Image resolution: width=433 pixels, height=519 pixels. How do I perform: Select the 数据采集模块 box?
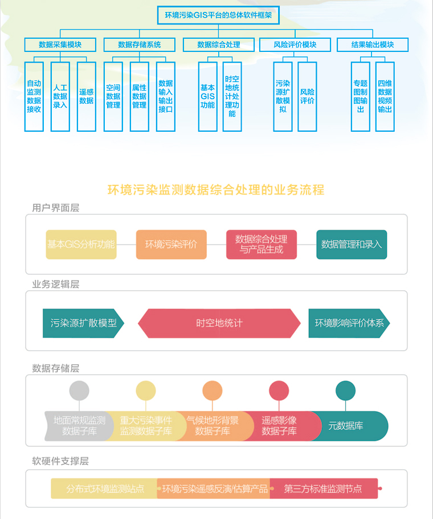(x=60, y=44)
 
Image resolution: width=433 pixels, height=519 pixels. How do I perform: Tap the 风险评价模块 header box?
(x=295, y=44)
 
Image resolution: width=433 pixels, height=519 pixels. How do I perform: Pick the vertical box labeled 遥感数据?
(x=86, y=96)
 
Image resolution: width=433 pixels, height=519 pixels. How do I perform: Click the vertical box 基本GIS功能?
(x=207, y=96)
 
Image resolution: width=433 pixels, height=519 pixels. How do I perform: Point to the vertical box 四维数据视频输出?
(x=385, y=96)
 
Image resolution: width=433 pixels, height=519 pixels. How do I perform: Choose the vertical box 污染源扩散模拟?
(x=283, y=96)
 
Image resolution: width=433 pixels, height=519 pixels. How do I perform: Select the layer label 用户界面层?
(x=56, y=208)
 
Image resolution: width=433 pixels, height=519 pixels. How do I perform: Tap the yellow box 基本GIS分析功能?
(x=81, y=245)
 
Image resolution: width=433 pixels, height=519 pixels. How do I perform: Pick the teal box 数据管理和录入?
(x=352, y=245)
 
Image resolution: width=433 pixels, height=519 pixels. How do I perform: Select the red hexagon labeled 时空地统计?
(x=219, y=323)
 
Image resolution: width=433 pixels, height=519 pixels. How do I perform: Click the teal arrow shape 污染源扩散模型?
(x=83, y=323)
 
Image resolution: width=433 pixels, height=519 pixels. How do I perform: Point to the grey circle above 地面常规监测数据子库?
(x=79, y=391)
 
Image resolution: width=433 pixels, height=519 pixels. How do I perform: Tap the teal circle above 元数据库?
(x=345, y=391)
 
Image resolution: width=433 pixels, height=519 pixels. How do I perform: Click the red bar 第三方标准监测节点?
(x=323, y=489)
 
